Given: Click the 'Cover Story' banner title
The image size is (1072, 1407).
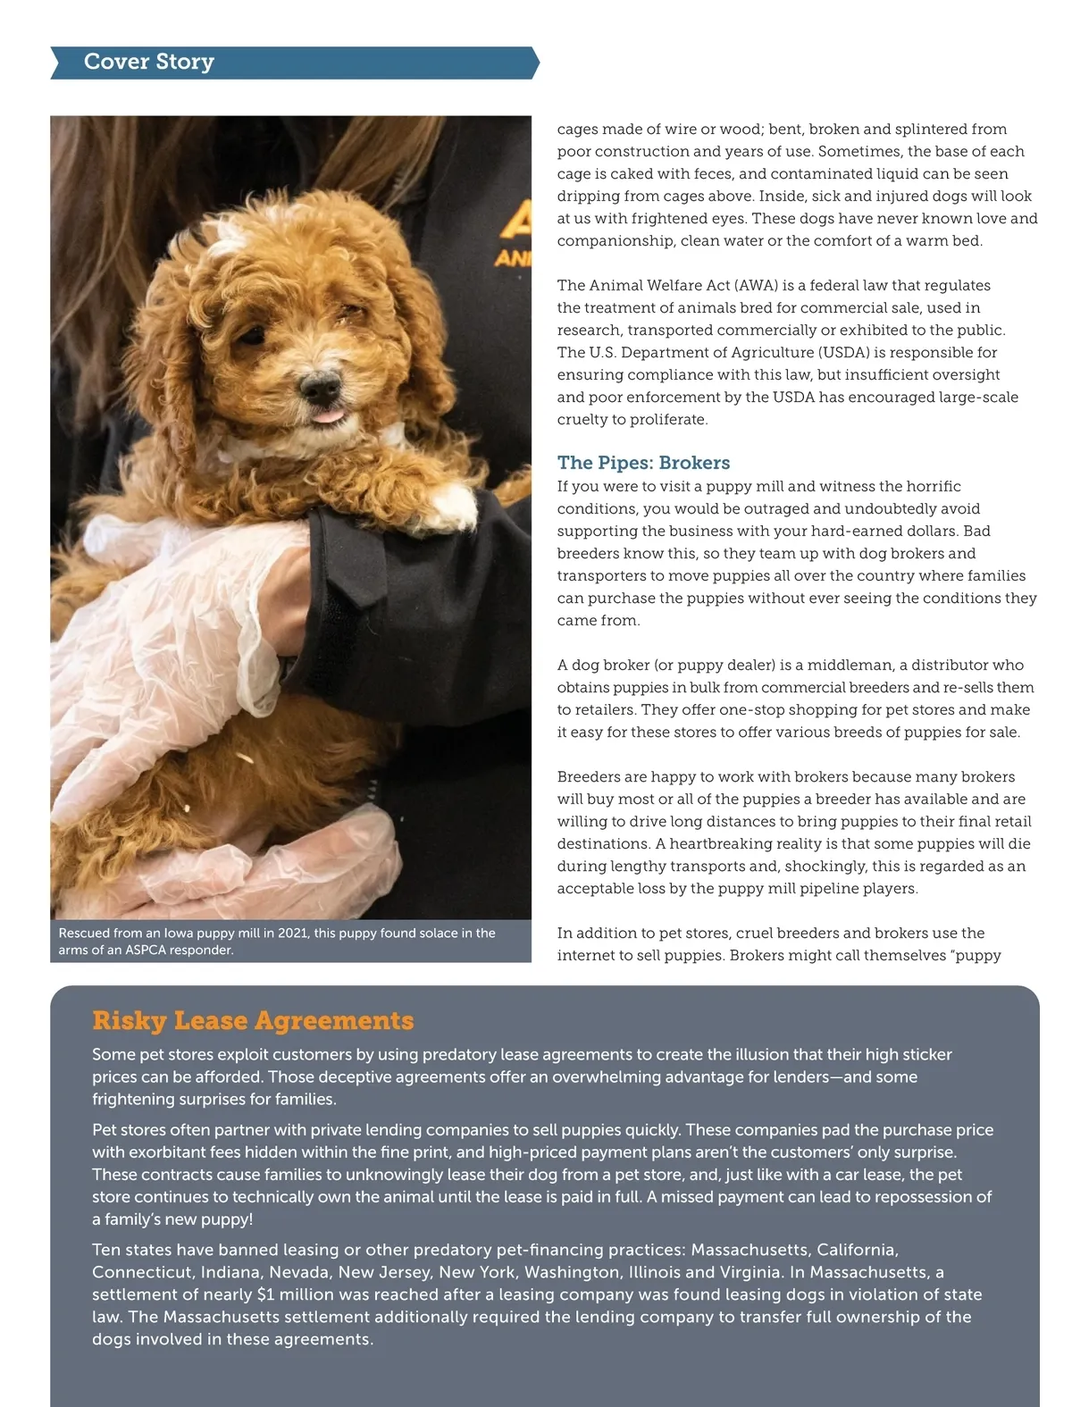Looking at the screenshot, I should pos(149,62).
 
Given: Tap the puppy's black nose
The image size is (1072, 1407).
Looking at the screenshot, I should pos(319,386).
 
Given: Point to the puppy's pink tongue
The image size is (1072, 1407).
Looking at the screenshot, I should pos(330,416).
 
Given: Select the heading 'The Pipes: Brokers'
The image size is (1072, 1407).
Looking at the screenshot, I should pos(643,463).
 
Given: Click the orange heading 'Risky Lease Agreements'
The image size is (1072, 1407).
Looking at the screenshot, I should pos(253,1020).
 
